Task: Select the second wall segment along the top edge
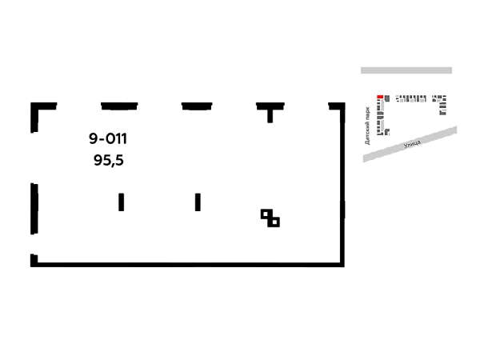point(117,105)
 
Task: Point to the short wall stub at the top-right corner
point(336,108)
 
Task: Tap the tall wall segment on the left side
point(32,207)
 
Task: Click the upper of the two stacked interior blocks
point(107,138)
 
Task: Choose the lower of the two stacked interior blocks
point(109,160)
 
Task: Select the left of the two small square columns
point(122,201)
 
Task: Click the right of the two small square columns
point(198,201)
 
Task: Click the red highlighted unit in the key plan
point(380,98)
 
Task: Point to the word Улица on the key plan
point(412,144)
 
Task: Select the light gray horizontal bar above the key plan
point(406,70)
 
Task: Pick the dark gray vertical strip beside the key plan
point(368,124)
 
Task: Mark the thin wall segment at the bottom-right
point(312,263)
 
